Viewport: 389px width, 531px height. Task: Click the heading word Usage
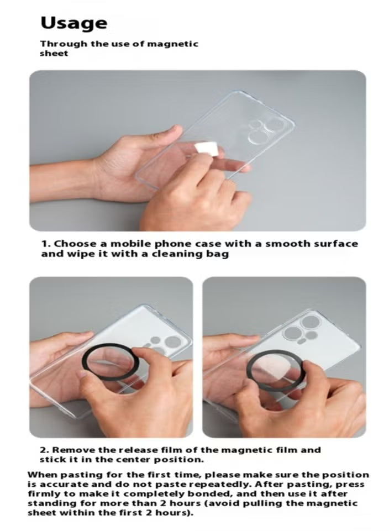74,24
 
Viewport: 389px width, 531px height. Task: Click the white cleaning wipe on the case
207,149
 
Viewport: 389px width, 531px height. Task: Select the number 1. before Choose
46,244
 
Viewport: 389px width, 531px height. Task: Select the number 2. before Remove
45,450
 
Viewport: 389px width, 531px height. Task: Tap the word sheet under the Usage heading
54,54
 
